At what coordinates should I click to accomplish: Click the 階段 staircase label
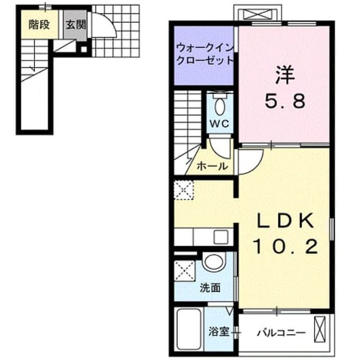pyautogui.click(x=39, y=25)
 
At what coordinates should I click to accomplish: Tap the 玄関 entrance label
pyautogui.click(x=76, y=25)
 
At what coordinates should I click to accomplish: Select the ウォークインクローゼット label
pyautogui.click(x=205, y=54)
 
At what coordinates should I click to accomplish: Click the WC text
pyautogui.click(x=219, y=124)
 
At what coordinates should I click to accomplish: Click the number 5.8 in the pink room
pyautogui.click(x=285, y=101)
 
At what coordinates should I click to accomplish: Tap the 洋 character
pyautogui.click(x=285, y=75)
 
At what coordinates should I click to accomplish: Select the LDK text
pyautogui.click(x=285, y=220)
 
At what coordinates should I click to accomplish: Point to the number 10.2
pyautogui.click(x=285, y=246)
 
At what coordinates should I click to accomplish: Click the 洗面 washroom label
pyautogui.click(x=210, y=287)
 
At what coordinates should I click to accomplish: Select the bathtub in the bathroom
pyautogui.click(x=189, y=331)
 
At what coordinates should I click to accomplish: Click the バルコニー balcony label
pyautogui.click(x=281, y=332)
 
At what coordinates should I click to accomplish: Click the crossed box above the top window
pyautogui.click(x=258, y=14)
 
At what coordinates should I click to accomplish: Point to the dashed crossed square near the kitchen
pyautogui.click(x=184, y=190)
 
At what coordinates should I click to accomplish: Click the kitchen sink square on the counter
pyautogui.click(x=221, y=237)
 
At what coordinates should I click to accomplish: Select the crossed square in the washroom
pyautogui.click(x=184, y=271)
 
